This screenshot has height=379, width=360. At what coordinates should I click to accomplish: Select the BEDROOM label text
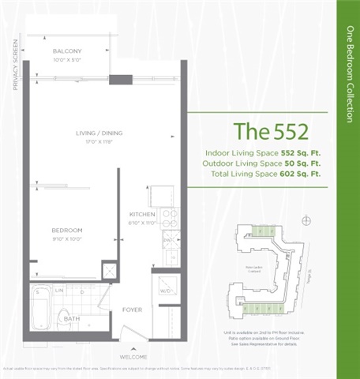(67, 230)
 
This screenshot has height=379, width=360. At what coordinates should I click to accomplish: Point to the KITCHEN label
(142, 214)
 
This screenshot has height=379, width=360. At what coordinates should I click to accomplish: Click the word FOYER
(132, 309)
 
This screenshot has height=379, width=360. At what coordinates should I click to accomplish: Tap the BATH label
(72, 319)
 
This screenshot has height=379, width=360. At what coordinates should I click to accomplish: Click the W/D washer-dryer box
(167, 291)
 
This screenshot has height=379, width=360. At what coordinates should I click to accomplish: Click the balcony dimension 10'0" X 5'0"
(67, 59)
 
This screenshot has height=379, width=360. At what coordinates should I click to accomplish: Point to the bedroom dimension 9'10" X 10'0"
(67, 238)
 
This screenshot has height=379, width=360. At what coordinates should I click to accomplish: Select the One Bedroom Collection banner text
(349, 74)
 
